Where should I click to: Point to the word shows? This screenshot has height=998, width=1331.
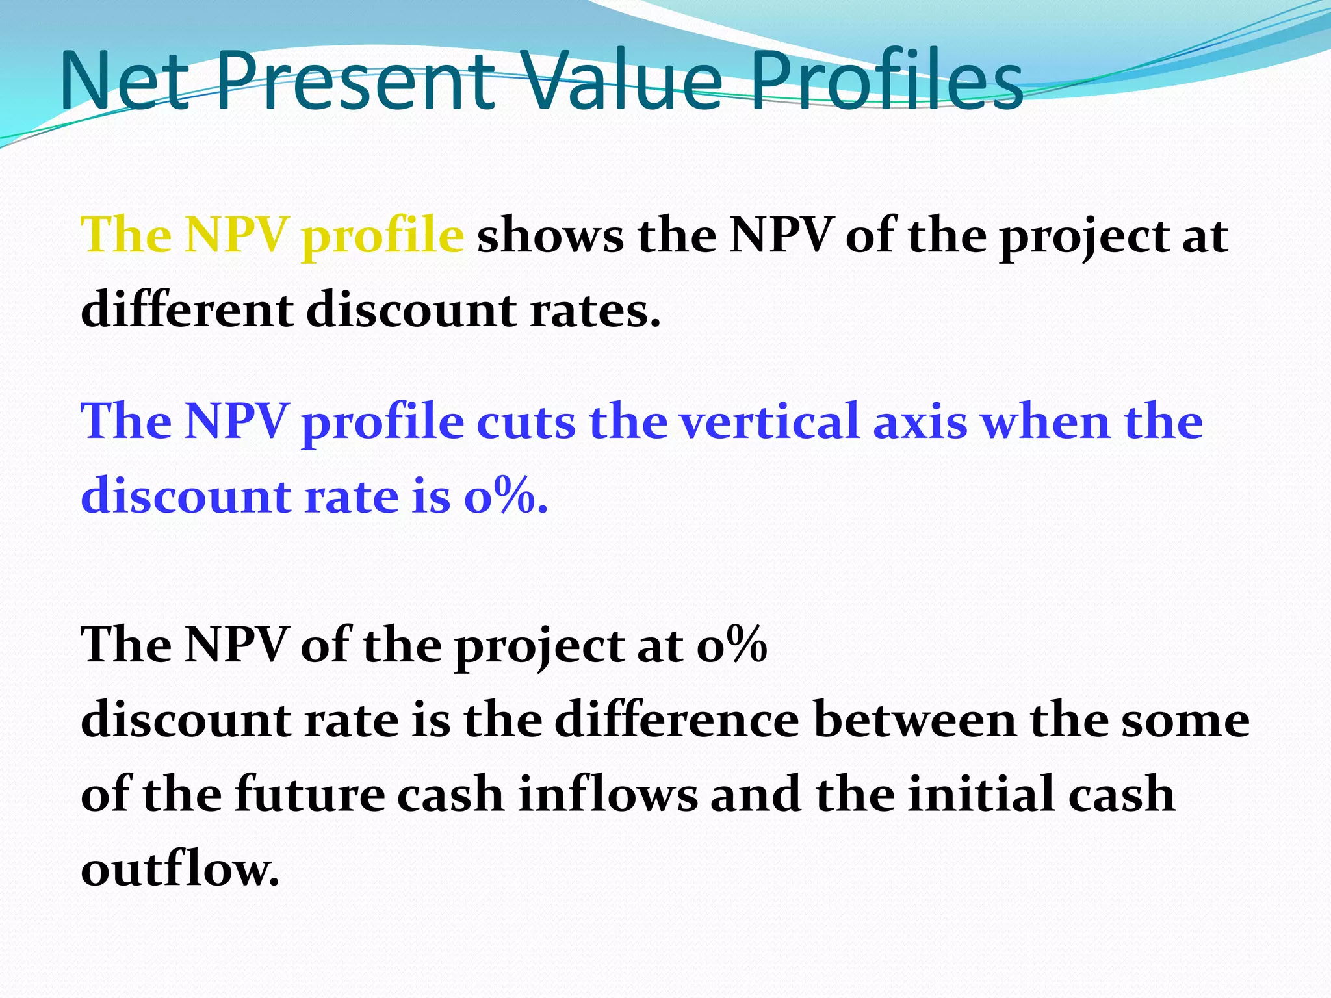tap(550, 235)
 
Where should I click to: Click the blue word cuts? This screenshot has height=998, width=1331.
tap(526, 422)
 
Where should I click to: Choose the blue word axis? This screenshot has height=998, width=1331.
tap(920, 422)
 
